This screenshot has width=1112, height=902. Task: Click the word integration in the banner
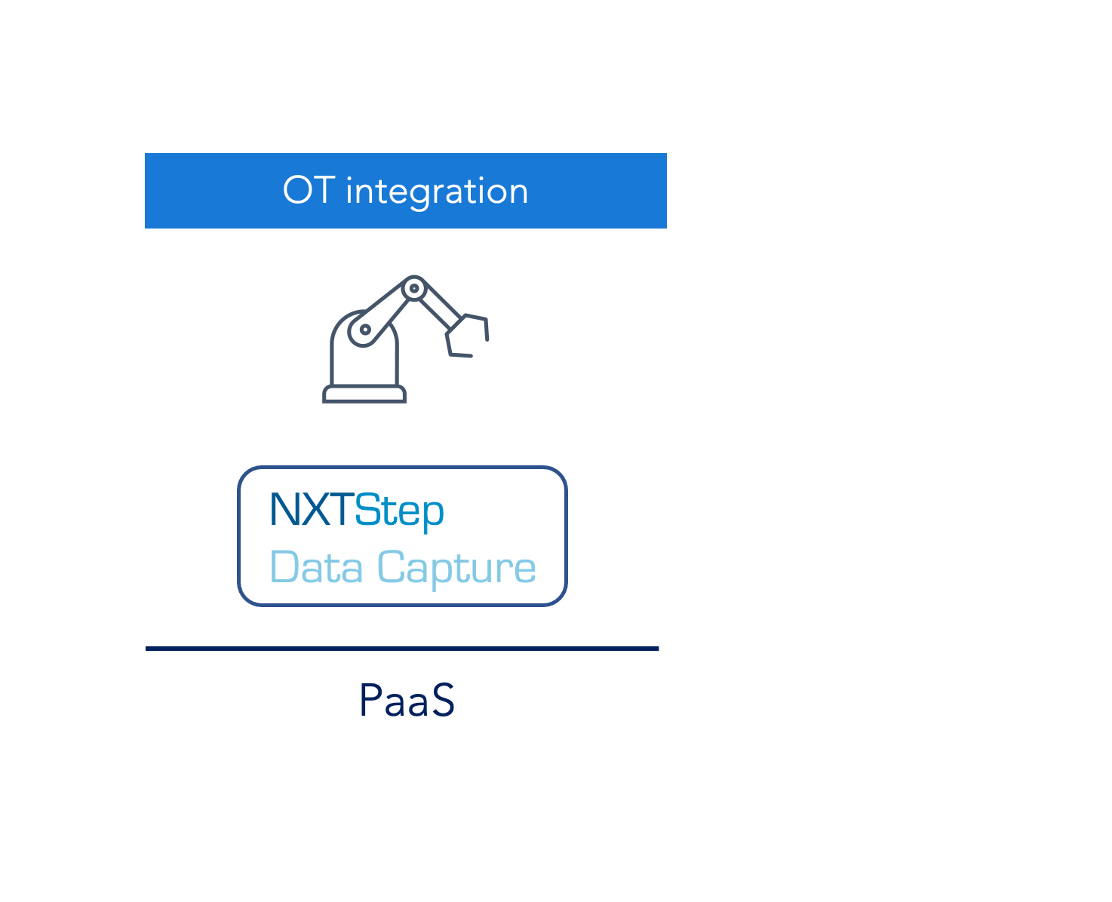point(437,192)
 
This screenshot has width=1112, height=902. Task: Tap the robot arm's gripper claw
point(467,335)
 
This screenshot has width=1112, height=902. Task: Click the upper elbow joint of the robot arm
point(414,288)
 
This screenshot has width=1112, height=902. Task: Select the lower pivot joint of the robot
point(365,330)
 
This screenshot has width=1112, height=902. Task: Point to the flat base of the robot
point(364,394)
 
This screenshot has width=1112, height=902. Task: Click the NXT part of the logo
point(312,509)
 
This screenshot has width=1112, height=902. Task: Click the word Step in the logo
point(399,513)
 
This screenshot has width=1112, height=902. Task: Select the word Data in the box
point(316,567)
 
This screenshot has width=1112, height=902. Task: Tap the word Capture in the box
point(456,569)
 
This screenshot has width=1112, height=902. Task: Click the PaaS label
point(407,700)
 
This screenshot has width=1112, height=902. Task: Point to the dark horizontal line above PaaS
point(402,649)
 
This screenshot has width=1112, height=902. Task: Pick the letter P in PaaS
point(371,700)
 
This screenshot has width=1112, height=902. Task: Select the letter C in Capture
point(391,566)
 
